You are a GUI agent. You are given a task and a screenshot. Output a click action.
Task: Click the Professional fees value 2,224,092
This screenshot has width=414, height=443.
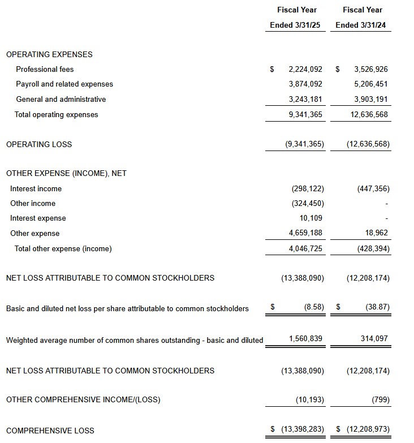(305, 70)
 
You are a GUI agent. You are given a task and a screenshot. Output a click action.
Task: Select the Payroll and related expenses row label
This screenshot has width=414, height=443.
(64, 84)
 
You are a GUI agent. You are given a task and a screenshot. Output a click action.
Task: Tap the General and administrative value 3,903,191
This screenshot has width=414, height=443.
(370, 100)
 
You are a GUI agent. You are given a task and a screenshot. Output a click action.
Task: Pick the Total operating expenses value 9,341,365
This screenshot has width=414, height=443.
(305, 115)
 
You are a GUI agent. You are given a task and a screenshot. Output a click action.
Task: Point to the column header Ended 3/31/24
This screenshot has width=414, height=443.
(363, 25)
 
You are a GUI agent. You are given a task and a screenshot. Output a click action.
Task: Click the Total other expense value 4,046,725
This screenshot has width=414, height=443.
(305, 248)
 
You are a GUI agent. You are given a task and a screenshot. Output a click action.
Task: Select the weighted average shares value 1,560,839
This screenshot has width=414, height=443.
(305, 339)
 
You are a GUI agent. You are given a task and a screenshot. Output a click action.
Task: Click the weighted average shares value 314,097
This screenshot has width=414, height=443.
(374, 339)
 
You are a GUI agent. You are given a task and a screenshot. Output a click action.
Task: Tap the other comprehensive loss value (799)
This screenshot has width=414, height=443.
(381, 400)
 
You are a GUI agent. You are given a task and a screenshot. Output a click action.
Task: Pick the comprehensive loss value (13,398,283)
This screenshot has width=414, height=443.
(303, 429)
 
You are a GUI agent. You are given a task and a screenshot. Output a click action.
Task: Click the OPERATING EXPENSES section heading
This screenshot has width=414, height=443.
(49, 55)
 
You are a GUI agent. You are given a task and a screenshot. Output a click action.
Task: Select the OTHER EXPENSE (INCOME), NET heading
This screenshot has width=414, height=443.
(66, 174)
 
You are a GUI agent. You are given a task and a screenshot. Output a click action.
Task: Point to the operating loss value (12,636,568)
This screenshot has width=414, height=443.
(368, 144)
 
